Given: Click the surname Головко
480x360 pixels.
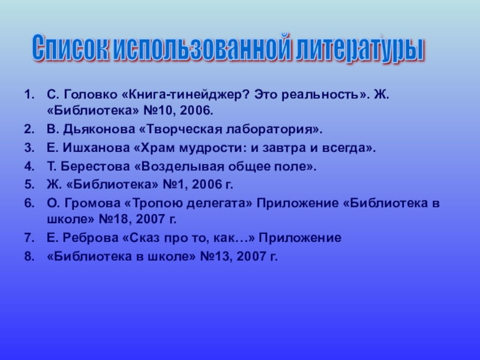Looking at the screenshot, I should (x=85, y=94).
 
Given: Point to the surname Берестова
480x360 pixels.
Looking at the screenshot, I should (x=88, y=166).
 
